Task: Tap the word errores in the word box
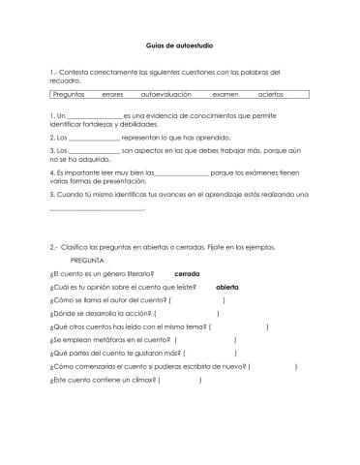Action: (113, 95)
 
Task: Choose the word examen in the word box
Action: (225, 95)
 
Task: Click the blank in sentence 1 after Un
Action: (88, 117)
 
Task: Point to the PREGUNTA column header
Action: (88, 261)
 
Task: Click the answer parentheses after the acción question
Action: (186, 314)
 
